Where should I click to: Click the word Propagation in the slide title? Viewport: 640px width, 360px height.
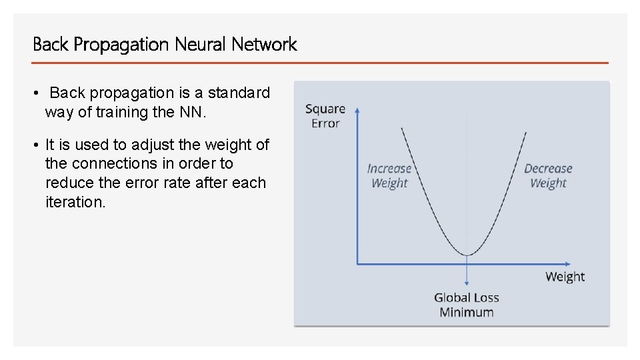coord(122,45)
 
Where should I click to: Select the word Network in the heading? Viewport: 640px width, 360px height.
coord(264,45)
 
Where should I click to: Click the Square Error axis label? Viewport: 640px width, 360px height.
coord(325,116)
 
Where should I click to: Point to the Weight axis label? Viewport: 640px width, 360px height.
coord(565,277)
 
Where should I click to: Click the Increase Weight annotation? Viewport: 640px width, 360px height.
coord(389,176)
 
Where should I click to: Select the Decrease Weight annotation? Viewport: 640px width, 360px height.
coord(548,176)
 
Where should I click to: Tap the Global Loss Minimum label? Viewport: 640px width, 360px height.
coord(467,305)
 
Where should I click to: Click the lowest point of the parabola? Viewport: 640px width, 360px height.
coord(467,255)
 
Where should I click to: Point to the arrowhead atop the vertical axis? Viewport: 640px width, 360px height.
coord(358,109)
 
